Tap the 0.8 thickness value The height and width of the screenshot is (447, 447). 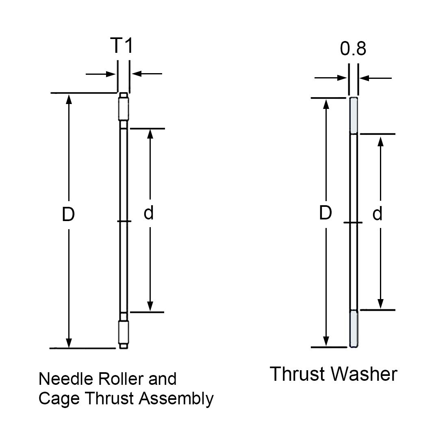click(353, 48)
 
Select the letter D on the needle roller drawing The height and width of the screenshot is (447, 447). click(68, 215)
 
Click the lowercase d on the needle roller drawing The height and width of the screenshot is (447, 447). click(149, 213)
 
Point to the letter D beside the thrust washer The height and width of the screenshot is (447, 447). click(325, 213)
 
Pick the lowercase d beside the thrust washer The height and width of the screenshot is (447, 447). click(378, 214)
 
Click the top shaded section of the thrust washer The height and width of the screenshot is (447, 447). click(354, 116)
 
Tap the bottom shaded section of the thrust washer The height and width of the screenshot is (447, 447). click(354, 329)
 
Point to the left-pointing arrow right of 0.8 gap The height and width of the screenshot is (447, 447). click(376, 78)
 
